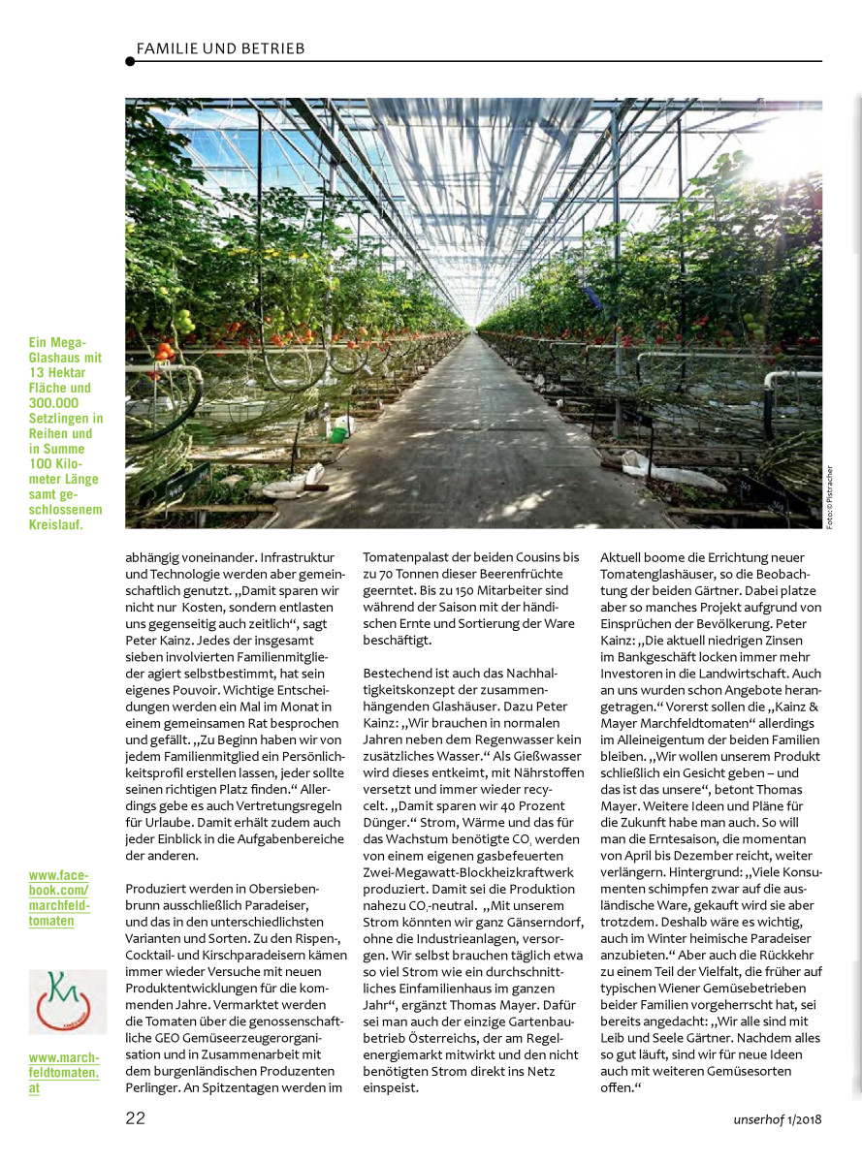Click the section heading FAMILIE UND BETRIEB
(220, 48)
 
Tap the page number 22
(136, 1117)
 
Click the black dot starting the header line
(130, 62)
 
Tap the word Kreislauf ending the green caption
(56, 525)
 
